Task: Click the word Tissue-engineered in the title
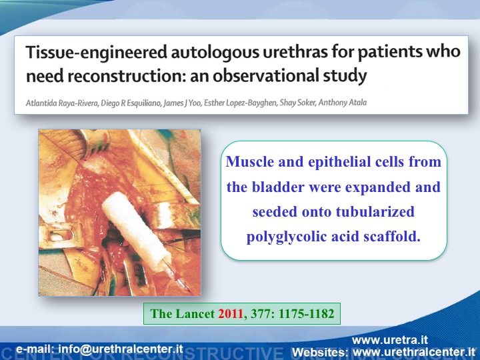tap(97, 52)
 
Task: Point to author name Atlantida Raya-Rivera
tap(62, 103)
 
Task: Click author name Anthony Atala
tap(343, 102)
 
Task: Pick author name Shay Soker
tap(297, 103)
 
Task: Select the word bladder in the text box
tap(278, 187)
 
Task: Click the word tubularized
tap(375, 211)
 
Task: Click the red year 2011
tap(231, 314)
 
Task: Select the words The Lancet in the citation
tap(182, 314)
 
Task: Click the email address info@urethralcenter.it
tap(121, 349)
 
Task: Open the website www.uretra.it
tap(390, 341)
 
